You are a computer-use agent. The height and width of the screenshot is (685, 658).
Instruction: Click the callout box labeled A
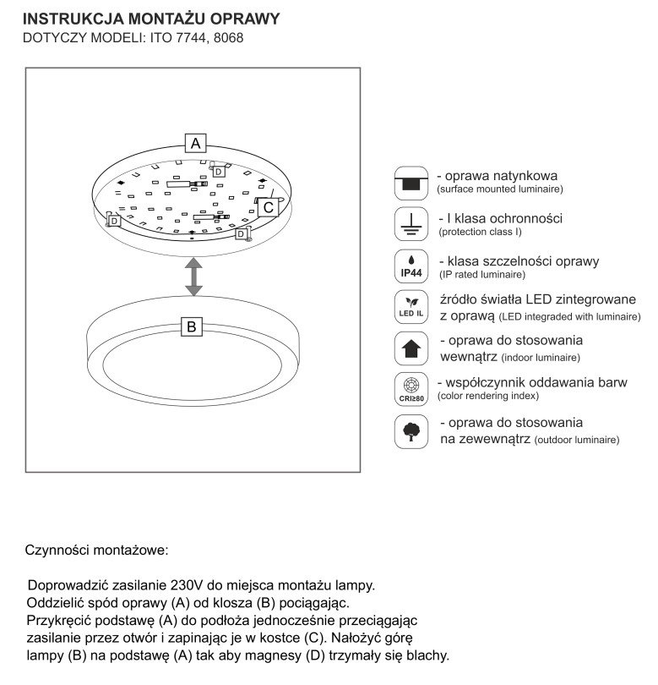196,143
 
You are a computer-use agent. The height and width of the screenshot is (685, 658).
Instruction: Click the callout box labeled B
192,326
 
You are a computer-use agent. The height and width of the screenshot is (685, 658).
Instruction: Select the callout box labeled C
268,206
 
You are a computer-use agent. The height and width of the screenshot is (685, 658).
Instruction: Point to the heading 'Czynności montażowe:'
97,550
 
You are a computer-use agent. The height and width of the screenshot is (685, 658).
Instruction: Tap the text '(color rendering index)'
488,396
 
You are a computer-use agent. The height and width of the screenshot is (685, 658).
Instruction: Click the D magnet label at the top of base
218,172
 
